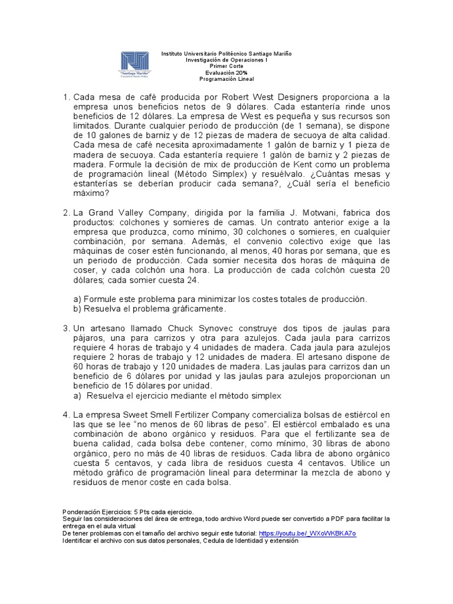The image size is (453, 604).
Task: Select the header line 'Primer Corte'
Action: point(226,65)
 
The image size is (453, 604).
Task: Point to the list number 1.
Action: point(66,97)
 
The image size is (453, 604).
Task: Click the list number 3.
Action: point(66,328)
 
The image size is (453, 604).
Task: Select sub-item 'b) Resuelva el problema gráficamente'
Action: point(150,308)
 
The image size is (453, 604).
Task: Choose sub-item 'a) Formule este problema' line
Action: point(219,299)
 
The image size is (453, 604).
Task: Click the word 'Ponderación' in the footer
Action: point(80,511)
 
